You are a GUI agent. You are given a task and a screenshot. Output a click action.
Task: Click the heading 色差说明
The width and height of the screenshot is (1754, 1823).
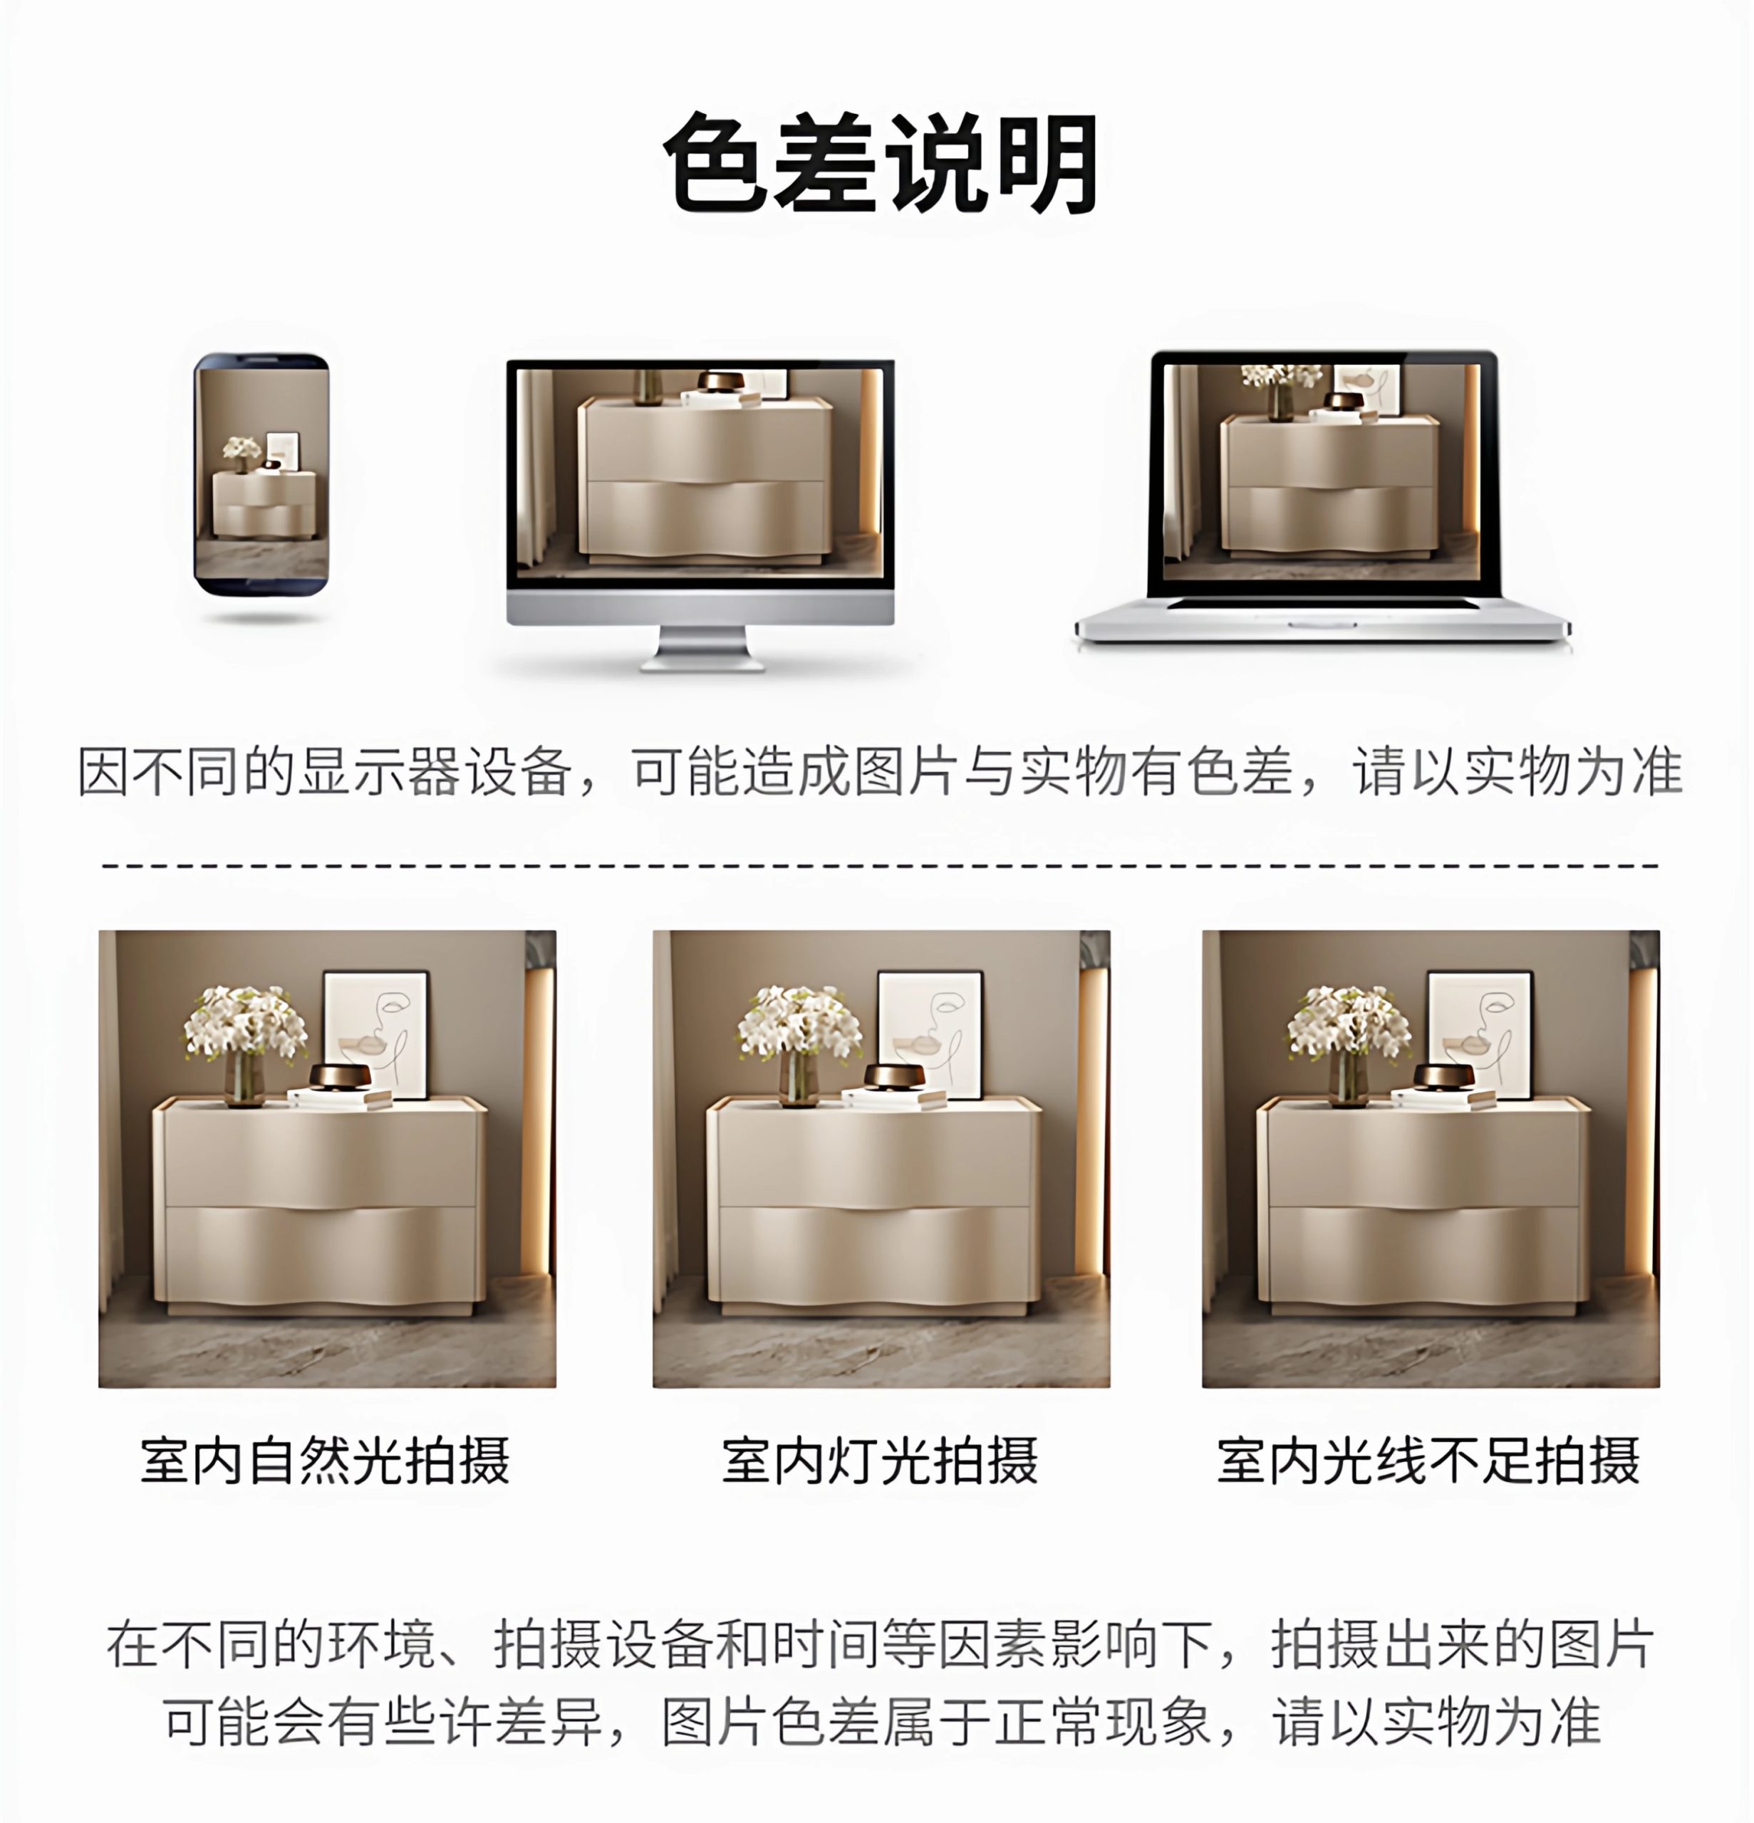(879, 164)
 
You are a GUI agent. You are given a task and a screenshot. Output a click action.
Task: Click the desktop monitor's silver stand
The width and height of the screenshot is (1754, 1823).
(702, 647)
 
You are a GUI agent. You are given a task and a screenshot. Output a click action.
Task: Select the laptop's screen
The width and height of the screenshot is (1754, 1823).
(1322, 473)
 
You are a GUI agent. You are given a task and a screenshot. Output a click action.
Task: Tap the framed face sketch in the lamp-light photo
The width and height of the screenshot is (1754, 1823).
(930, 1033)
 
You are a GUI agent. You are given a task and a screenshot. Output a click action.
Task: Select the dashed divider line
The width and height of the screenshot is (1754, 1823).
(879, 865)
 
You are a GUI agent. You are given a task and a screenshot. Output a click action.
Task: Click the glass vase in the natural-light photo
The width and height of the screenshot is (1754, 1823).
(244, 1079)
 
